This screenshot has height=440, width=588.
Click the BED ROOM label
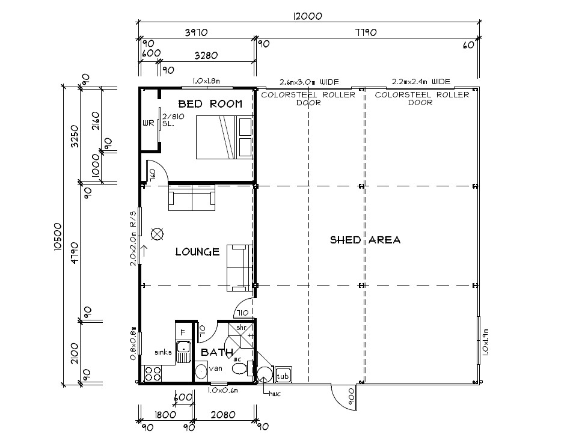210,104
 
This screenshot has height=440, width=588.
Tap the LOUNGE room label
197,251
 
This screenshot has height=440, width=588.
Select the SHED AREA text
365,240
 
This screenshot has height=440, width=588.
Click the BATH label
217,352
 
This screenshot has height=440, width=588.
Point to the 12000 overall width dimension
308,16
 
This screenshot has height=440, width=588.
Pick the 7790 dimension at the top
366,32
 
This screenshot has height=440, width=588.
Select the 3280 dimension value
206,56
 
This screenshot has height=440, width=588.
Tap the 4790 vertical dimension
75,253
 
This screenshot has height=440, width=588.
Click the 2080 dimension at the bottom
223,415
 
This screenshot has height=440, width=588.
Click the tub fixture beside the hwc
283,374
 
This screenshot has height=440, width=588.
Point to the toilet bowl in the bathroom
240,369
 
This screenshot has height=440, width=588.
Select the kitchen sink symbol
183,352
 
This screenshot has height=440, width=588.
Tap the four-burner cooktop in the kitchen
153,374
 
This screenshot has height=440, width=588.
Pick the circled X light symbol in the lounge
157,234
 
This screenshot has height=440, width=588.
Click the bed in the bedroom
224,137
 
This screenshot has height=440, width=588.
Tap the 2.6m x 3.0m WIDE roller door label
309,82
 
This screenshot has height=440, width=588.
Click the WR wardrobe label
149,123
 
